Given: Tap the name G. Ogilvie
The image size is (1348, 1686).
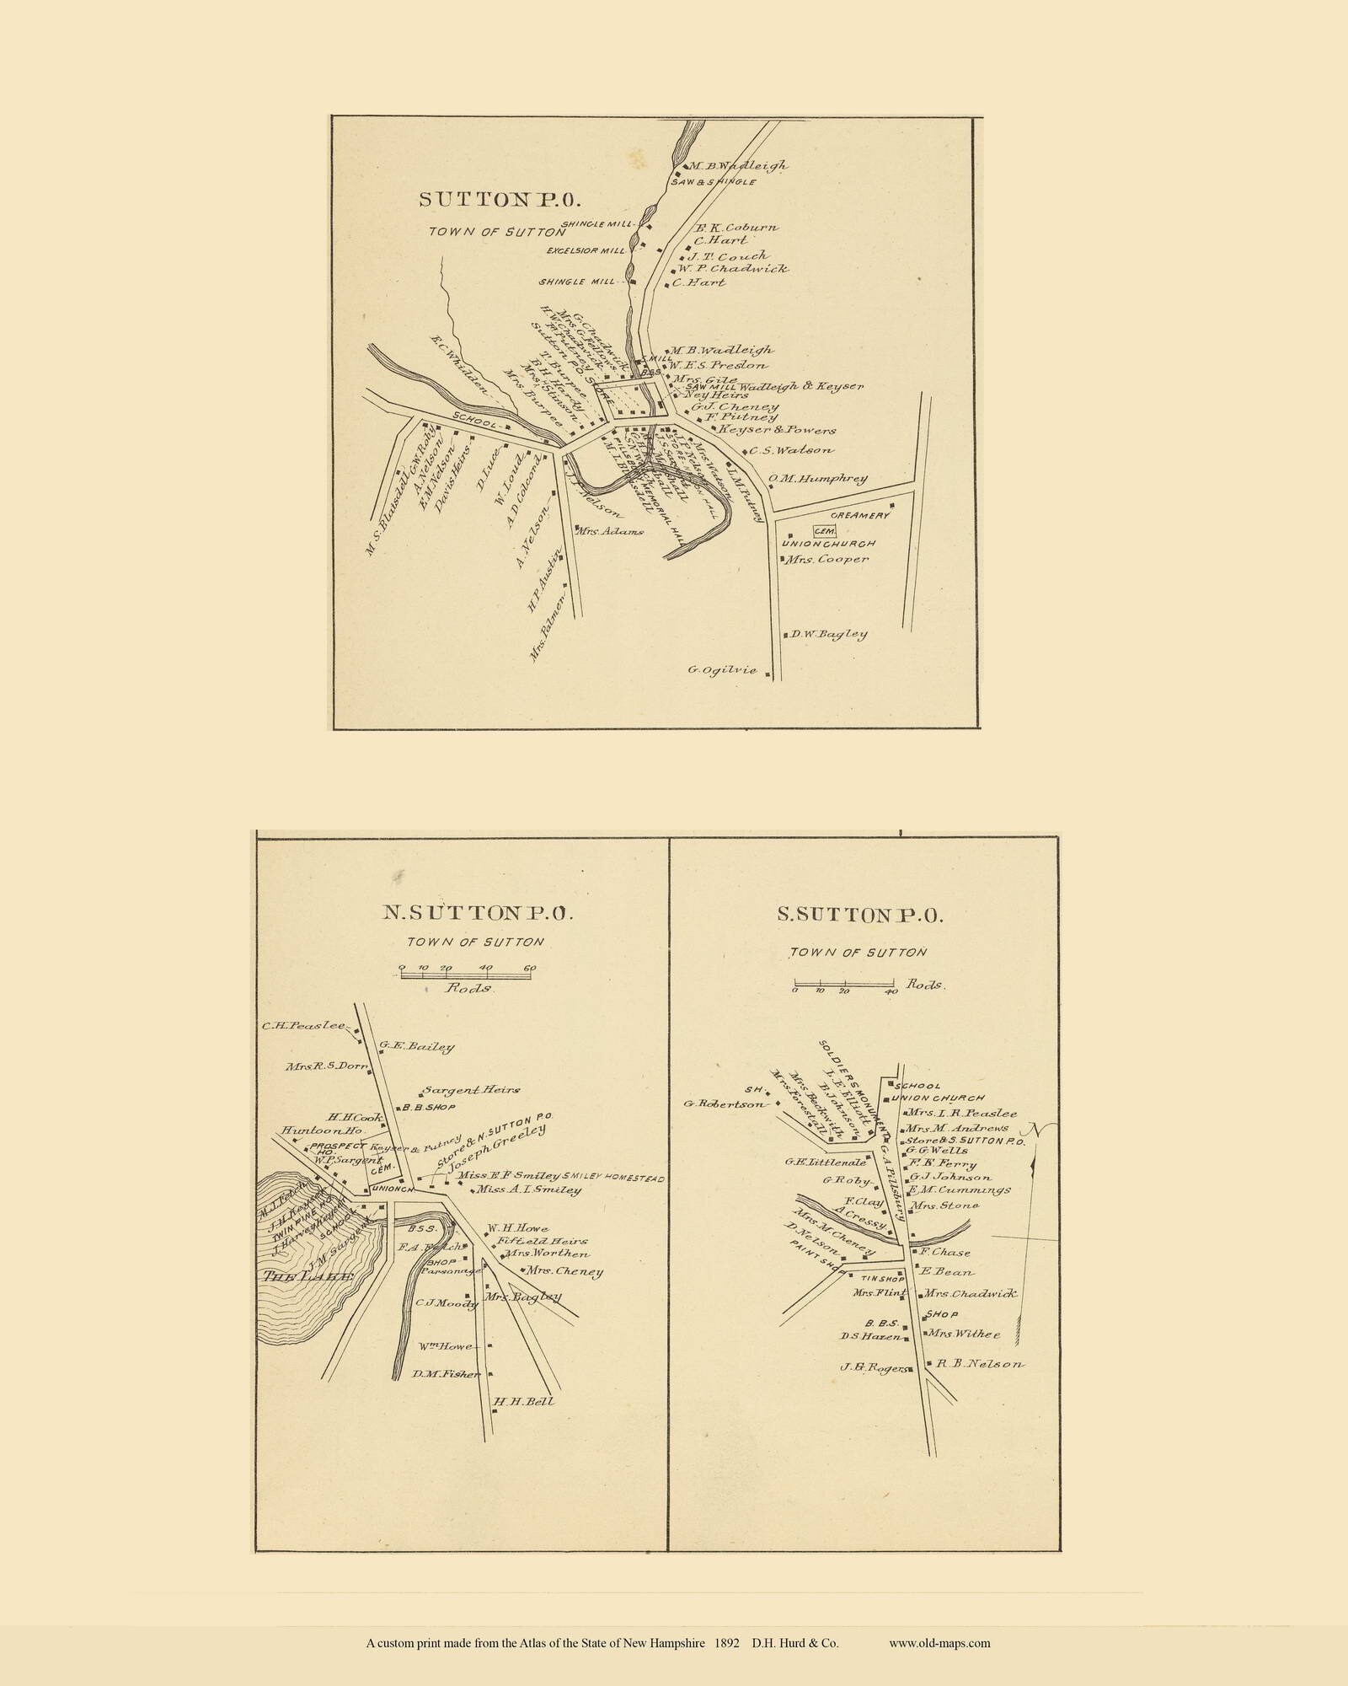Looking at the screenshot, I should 722,670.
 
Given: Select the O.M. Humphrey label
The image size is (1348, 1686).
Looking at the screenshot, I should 816,479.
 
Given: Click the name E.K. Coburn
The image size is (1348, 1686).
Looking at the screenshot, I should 735,228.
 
